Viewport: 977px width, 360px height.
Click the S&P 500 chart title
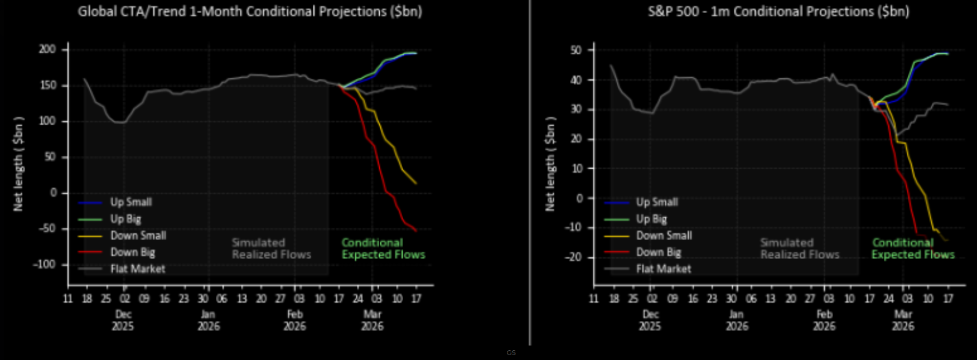[778, 11]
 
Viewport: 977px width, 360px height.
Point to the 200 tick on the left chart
[47, 50]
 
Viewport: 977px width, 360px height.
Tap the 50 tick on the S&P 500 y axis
[576, 50]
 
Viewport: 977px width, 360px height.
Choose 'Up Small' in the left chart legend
[131, 202]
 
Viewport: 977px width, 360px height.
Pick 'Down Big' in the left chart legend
[132, 252]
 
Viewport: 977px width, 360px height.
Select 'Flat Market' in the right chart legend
[663, 269]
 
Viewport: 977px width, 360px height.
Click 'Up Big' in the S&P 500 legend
[651, 219]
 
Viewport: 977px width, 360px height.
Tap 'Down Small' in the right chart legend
[664, 235]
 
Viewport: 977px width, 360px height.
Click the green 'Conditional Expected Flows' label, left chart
[383, 249]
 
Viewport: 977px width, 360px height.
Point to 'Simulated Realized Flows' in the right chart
[799, 249]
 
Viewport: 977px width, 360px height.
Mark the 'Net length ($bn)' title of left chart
[19, 163]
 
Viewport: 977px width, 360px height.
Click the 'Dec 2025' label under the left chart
[123, 320]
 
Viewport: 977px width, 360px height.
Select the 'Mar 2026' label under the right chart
[903, 320]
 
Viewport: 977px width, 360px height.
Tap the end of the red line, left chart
[416, 231]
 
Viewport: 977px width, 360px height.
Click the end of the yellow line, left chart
[416, 184]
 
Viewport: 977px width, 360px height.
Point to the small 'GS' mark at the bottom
[511, 352]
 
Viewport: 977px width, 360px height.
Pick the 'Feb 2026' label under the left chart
[295, 320]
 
